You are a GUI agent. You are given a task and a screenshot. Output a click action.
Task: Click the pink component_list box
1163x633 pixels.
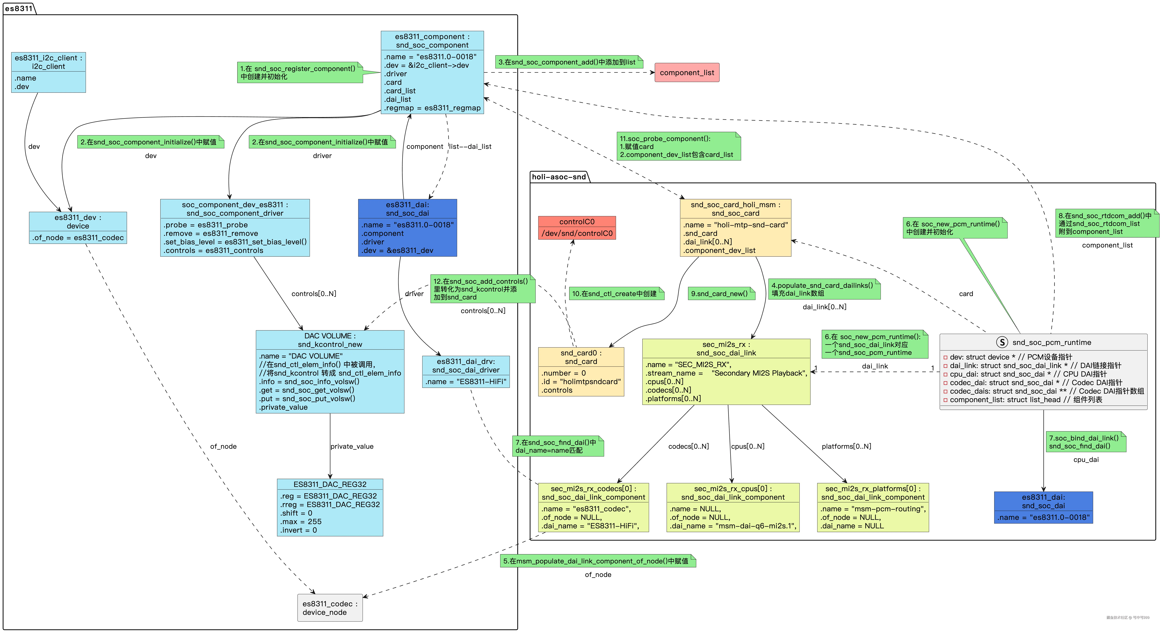tap(687, 73)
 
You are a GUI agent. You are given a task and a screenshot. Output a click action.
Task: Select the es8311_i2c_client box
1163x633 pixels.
tap(48, 72)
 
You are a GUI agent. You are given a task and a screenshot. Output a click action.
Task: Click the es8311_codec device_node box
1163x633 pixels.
tap(330, 608)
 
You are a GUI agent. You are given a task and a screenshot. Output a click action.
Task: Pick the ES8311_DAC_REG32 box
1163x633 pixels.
tap(330, 507)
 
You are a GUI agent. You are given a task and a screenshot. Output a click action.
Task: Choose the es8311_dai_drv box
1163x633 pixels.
tap(466, 372)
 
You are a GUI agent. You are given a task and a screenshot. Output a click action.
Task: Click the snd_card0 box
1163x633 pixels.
tap(581, 372)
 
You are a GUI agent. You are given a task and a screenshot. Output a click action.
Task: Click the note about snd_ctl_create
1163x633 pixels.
tap(616, 293)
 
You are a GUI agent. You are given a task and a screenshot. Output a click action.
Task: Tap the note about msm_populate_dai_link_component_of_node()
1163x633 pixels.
tap(598, 561)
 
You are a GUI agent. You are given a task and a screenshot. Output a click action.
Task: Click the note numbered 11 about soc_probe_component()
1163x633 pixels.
tap(679, 146)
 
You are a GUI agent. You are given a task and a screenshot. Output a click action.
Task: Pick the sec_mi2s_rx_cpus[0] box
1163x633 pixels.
tap(733, 507)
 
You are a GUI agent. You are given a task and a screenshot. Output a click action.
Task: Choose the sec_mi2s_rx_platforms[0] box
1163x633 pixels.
tap(873, 507)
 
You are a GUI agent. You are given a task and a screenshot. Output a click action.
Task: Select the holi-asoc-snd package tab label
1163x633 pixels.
tap(559, 176)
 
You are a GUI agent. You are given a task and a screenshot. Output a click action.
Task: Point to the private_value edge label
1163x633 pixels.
tap(352, 446)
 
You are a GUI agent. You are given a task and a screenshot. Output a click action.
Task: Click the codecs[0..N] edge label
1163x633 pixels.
tap(689, 446)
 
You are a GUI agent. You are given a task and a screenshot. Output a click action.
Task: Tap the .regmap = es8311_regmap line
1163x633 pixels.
tap(432, 108)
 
